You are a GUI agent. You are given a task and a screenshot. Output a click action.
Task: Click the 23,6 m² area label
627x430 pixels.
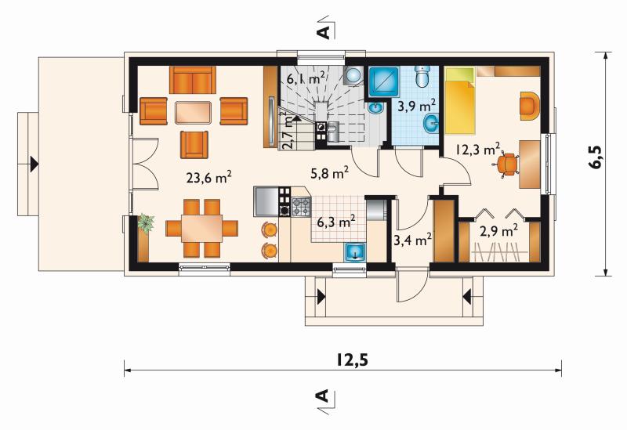[x=209, y=177]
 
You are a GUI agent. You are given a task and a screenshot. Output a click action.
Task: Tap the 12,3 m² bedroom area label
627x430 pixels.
[x=478, y=150]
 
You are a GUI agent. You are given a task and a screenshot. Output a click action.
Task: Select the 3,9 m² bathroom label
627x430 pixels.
[x=416, y=107]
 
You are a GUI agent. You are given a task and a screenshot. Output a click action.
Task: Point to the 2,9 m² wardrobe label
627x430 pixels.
[x=498, y=231]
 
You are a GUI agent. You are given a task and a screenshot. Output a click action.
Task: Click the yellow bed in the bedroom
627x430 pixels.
[x=460, y=100]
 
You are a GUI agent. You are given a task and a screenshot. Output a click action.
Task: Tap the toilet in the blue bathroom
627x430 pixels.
[x=422, y=76]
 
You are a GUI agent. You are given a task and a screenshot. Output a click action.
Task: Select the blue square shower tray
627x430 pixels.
[x=383, y=82]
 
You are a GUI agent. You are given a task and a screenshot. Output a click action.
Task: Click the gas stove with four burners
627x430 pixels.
[x=302, y=207]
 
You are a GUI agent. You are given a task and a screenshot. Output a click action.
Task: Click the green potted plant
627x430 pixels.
[x=146, y=223]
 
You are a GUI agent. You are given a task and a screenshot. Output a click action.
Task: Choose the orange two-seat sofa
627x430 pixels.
[x=193, y=80]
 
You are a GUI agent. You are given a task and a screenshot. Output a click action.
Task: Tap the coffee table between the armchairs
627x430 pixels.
[x=193, y=112]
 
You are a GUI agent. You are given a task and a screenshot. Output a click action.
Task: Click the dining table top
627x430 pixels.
[x=202, y=229]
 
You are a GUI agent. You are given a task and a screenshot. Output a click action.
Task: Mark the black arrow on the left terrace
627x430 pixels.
[x=34, y=164]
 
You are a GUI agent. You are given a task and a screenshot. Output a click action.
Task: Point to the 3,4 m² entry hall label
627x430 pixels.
[x=413, y=240]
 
